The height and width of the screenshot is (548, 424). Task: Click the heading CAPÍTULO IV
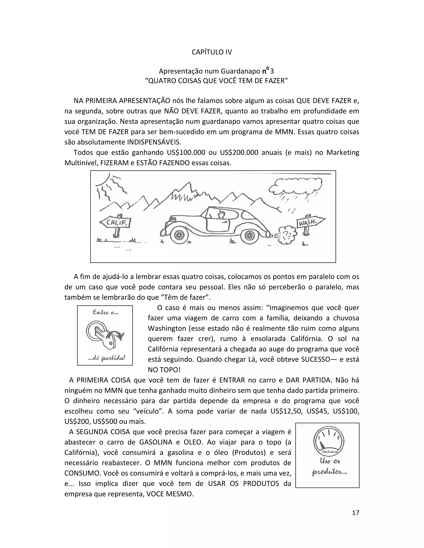coord(212,52)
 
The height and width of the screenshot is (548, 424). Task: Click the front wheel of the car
coord(179,235)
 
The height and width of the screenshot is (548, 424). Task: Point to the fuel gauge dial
coord(328,442)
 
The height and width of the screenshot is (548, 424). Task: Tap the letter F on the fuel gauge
coord(338,438)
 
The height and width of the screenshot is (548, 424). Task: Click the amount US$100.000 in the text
coord(186,153)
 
